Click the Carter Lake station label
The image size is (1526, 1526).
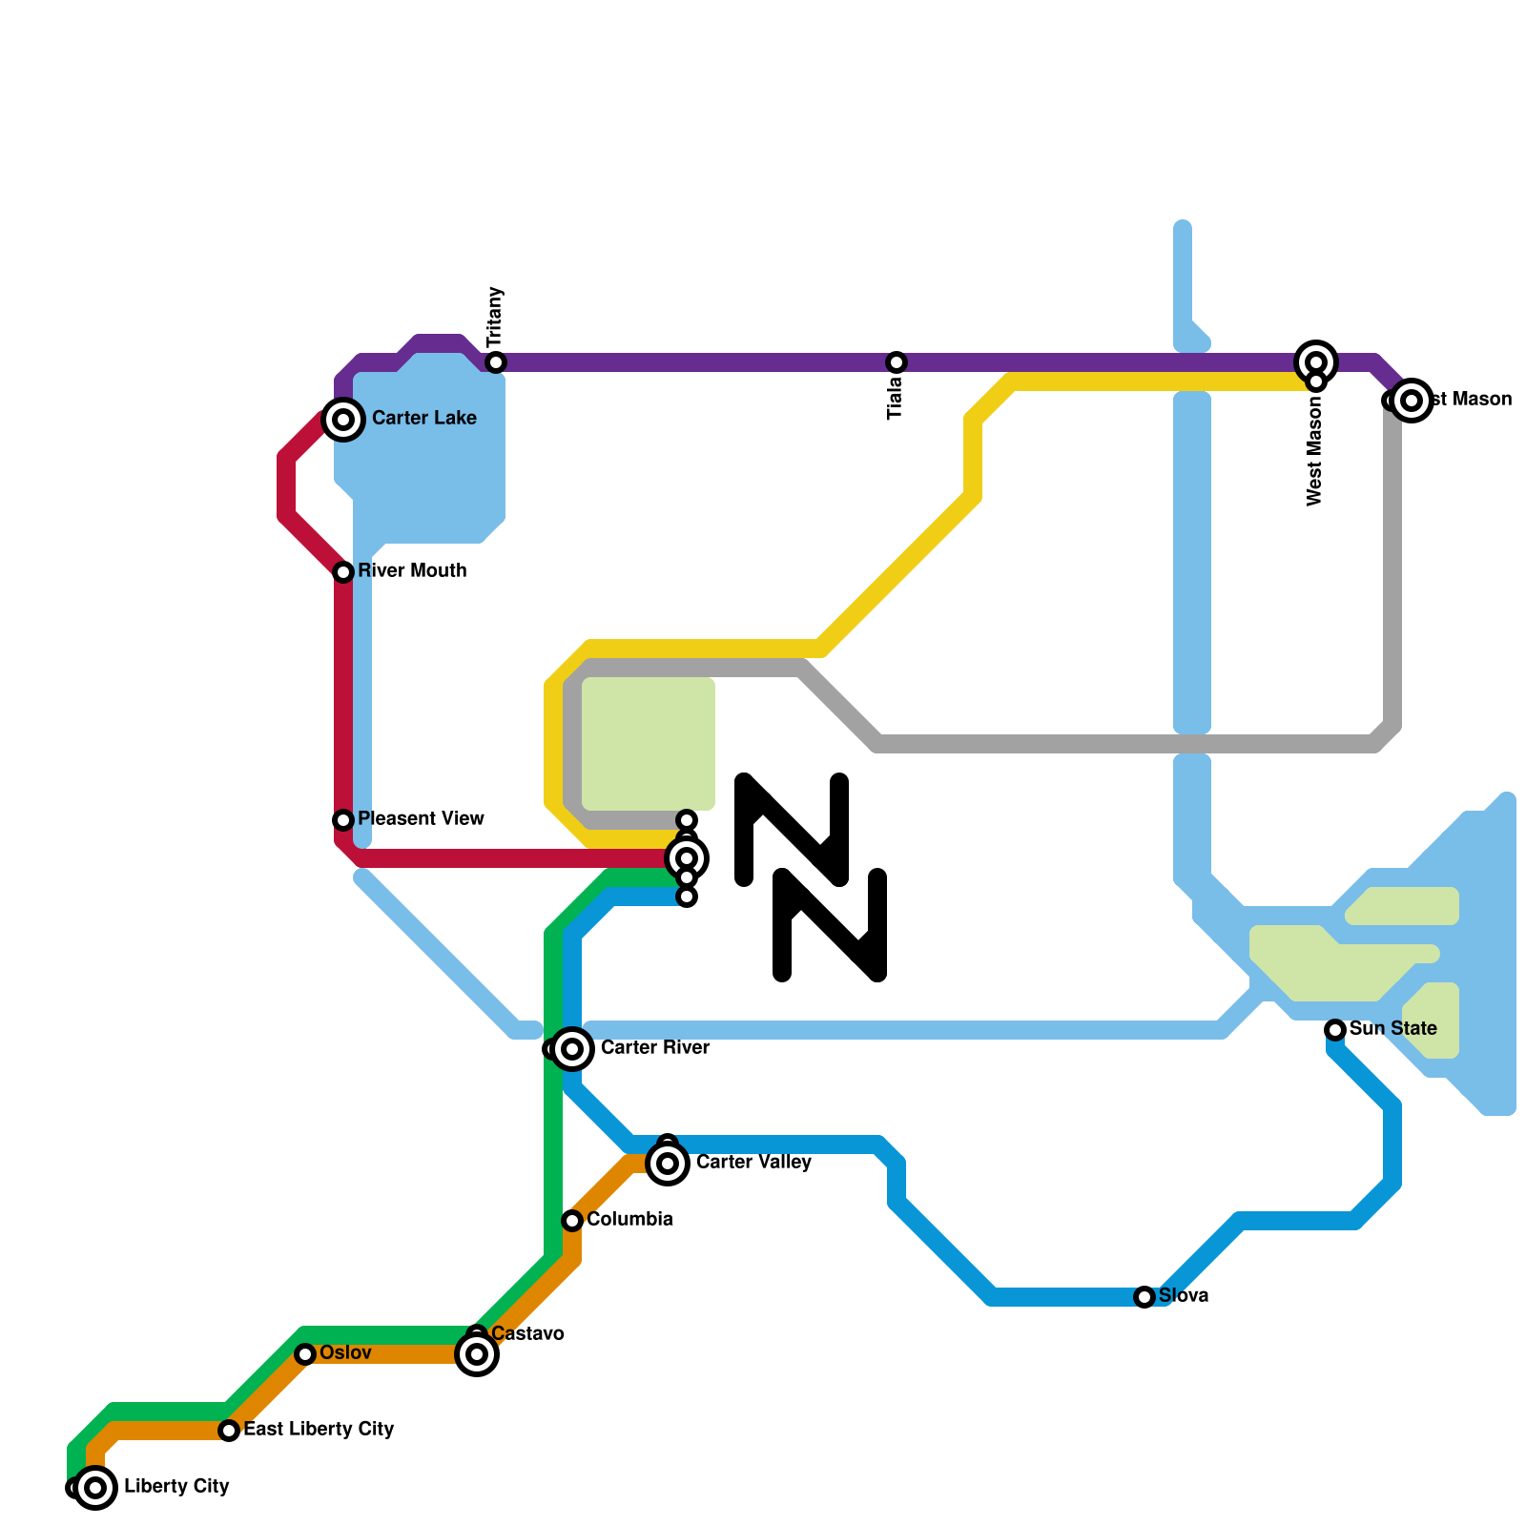click(x=423, y=419)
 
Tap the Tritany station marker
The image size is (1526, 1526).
click(x=495, y=362)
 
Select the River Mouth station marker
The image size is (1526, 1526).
click(x=343, y=572)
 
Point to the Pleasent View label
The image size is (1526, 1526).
click(x=421, y=819)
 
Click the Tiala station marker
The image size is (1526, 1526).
click(x=896, y=362)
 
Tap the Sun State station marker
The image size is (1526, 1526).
click(x=1335, y=1030)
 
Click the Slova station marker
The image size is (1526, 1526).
click(x=1144, y=1297)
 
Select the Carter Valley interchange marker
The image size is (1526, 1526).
click(x=668, y=1164)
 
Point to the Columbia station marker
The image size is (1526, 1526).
click(x=572, y=1221)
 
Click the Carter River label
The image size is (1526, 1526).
click(x=654, y=1048)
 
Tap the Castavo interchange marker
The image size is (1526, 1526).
click(x=477, y=1354)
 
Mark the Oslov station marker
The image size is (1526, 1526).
click(x=305, y=1354)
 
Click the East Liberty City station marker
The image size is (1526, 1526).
click(x=229, y=1431)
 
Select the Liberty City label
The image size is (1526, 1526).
click(x=176, y=1487)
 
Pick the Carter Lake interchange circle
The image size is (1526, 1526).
click(x=343, y=420)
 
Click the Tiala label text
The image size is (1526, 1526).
click(x=895, y=398)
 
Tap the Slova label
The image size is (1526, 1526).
click(x=1184, y=1296)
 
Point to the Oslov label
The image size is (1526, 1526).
click(x=345, y=1353)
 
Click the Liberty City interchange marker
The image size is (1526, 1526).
click(x=95, y=1488)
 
